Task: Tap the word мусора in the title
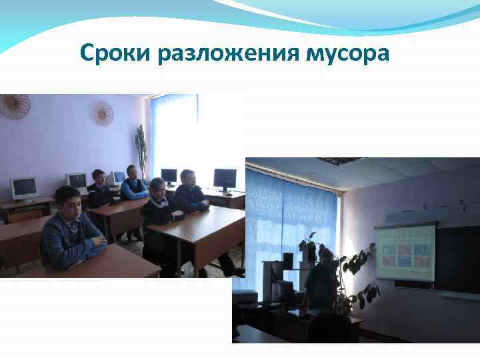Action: [x=347, y=53]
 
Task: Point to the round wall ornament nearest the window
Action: [x=103, y=113]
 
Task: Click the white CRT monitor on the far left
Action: [x=24, y=188]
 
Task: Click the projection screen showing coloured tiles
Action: [x=405, y=252]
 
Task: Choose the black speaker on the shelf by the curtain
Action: [x=287, y=260]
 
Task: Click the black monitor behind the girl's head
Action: [x=169, y=177]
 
